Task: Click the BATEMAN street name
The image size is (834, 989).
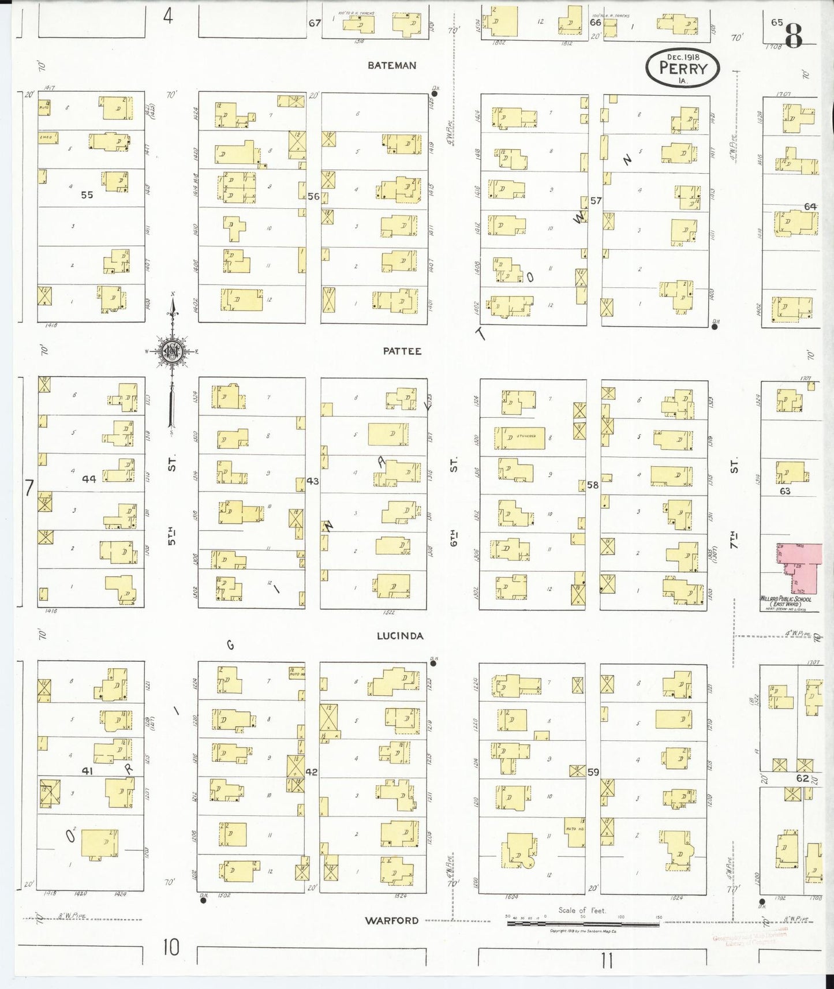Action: click(x=391, y=66)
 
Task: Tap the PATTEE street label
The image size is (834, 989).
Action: click(x=402, y=351)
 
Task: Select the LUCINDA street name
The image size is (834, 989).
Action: click(x=399, y=636)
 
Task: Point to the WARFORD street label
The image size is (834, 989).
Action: click(x=391, y=920)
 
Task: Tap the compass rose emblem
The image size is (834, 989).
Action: click(x=172, y=351)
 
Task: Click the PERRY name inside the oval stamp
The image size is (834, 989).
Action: click(x=683, y=68)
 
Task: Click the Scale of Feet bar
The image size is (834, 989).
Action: click(x=583, y=924)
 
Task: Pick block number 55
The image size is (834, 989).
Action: click(x=87, y=195)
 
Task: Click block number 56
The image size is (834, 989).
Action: click(x=313, y=196)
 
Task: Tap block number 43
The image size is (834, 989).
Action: click(x=312, y=481)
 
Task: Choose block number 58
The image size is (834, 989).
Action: click(x=593, y=485)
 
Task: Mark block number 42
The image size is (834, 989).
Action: click(x=311, y=772)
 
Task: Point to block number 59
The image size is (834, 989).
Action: click(x=593, y=772)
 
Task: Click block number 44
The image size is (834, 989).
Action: click(x=88, y=479)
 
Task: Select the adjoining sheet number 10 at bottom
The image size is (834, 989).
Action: click(x=170, y=947)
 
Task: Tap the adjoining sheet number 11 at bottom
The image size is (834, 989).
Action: click(x=606, y=961)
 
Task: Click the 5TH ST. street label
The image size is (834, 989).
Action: click(x=171, y=502)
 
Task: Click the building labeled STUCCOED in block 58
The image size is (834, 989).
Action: click(x=519, y=438)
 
